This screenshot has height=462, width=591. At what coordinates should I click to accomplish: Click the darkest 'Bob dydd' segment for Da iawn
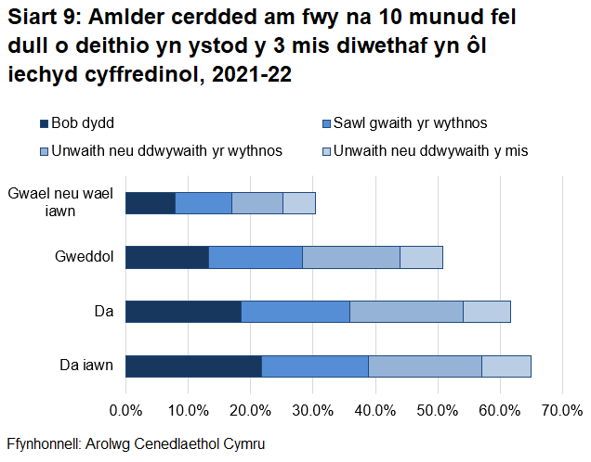(x=193, y=366)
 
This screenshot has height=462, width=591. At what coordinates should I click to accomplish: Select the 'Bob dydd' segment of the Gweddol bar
(x=167, y=258)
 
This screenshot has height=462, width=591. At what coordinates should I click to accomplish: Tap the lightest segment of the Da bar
(x=487, y=312)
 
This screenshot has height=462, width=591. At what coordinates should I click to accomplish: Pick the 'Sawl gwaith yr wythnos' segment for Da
(x=295, y=312)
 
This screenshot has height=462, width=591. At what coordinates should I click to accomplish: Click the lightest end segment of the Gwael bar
(x=299, y=203)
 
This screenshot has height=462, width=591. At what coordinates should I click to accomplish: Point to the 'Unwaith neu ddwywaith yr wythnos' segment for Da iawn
(x=425, y=366)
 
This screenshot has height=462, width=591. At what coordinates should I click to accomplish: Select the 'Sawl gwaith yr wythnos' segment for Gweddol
(x=256, y=258)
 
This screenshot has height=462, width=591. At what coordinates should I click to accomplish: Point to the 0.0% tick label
(x=125, y=410)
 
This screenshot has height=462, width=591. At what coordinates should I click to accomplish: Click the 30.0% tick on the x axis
(x=313, y=410)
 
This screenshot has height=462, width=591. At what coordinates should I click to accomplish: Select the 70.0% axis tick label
(x=562, y=410)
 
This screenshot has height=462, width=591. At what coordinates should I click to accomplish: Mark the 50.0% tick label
(x=438, y=410)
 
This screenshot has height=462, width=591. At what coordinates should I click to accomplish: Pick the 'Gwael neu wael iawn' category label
(x=60, y=203)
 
